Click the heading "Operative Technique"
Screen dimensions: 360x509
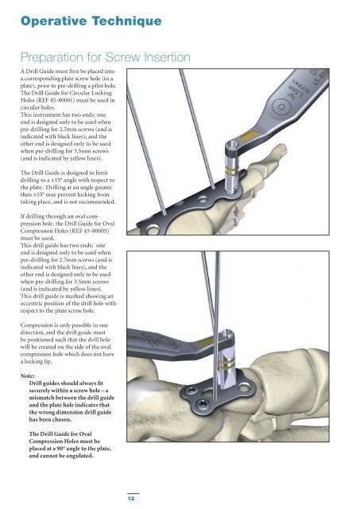coord(91,21)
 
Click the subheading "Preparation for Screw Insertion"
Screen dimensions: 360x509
coord(106,57)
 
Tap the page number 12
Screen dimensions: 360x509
coord(131,498)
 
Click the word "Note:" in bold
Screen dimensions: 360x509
coord(27,376)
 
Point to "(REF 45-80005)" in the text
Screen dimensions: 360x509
coord(88,231)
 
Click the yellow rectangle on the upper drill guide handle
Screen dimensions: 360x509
coord(249,134)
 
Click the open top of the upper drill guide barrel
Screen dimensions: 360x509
coord(231,145)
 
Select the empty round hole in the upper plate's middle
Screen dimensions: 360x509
coord(203,199)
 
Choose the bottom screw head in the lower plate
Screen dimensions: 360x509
coord(203,403)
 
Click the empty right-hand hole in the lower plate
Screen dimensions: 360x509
coord(244,387)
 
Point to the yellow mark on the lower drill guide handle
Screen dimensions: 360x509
coord(206,342)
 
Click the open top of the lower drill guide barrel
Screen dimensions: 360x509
coord(227,332)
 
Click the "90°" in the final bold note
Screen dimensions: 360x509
coord(60,449)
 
